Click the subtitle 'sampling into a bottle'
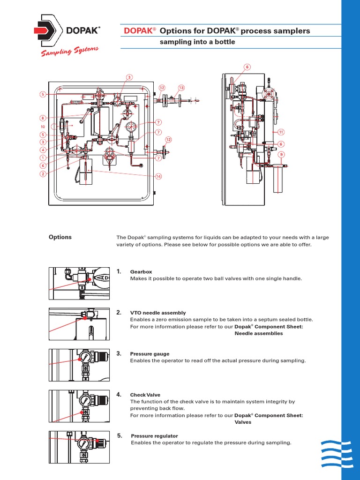[197, 42]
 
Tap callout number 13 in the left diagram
[181, 88]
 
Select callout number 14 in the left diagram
[158, 177]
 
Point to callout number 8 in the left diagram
[42, 118]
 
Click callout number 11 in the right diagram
[281, 132]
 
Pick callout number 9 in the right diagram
[281, 154]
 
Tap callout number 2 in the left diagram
[42, 174]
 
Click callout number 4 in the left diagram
[42, 150]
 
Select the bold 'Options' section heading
[60, 237]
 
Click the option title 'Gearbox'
[141, 272]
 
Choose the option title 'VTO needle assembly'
[157, 313]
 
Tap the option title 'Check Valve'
[145, 395]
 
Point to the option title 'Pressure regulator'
[154, 436]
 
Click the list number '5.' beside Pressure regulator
[120, 435]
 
